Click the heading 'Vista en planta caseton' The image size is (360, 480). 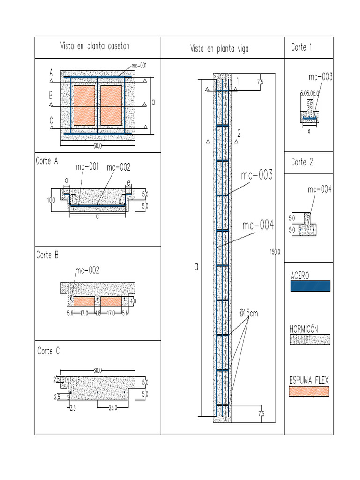coord(95,46)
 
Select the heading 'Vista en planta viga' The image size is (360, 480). coord(219,48)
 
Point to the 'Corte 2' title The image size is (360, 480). coord(301,162)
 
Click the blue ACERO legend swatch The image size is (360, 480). coord(310,286)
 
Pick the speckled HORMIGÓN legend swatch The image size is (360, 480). coord(310,339)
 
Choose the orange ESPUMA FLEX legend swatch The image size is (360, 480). coord(309,391)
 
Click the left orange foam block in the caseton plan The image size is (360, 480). coord(84,105)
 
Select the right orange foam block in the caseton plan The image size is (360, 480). coord(111,105)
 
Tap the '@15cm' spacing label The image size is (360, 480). coord(248,313)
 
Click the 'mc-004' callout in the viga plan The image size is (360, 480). coord(258,226)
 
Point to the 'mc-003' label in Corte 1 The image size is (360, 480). coord(321,77)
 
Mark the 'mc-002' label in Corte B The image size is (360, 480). coord(87,270)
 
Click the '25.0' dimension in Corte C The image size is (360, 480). coord(112,408)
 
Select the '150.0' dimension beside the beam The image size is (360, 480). coord(275,252)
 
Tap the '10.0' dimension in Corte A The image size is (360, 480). coord(51,200)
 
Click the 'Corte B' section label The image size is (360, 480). coord(47,255)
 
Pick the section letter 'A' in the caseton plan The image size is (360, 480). coord(51,73)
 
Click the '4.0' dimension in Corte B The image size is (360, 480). coord(133,301)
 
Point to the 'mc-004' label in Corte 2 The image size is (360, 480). coord(320,189)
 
